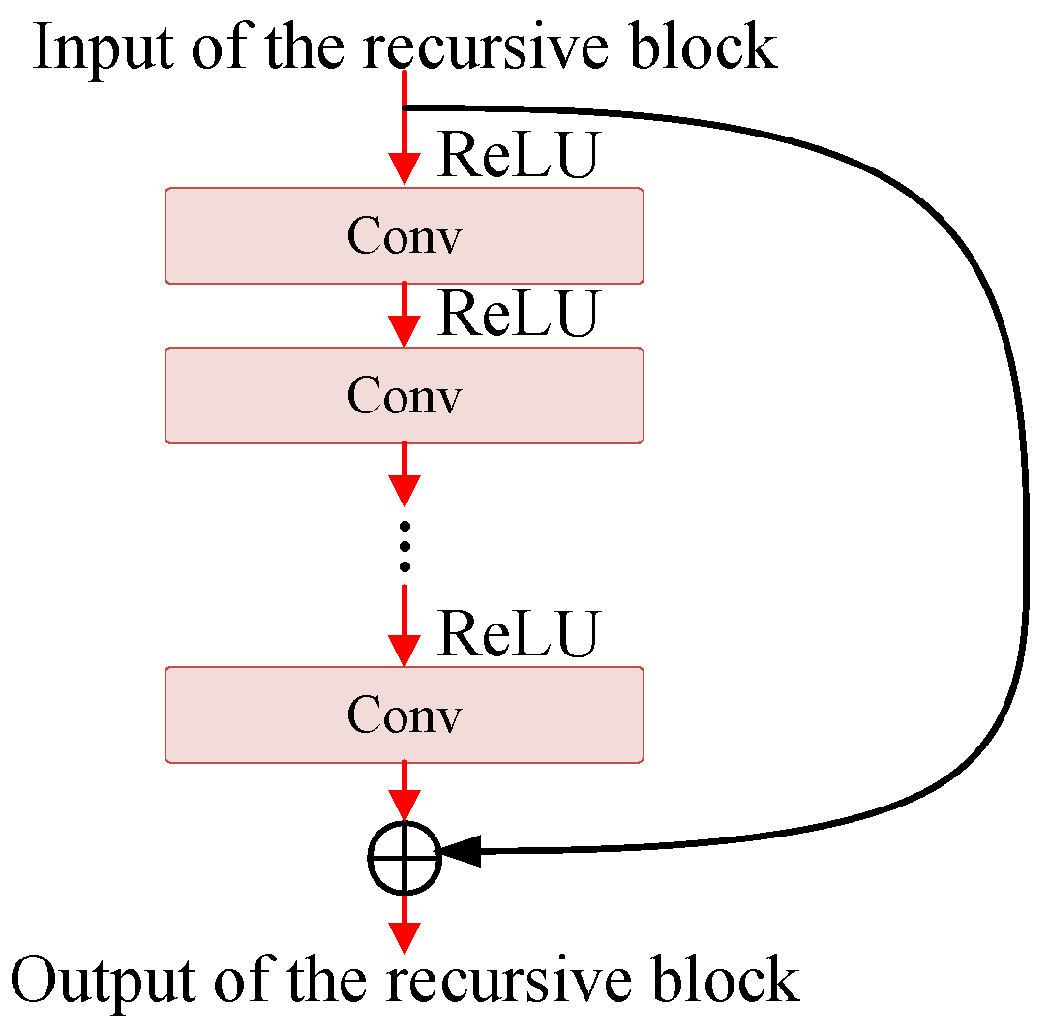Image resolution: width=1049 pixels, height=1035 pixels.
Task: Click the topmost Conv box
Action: pos(405,235)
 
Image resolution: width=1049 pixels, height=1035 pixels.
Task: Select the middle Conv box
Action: pos(405,395)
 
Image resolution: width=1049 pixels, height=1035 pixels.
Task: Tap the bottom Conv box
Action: pos(405,715)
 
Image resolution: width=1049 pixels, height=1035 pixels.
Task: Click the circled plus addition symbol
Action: pos(405,857)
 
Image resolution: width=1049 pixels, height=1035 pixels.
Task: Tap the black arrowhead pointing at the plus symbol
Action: pos(460,852)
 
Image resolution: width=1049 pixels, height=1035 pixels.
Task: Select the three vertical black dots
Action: pos(405,545)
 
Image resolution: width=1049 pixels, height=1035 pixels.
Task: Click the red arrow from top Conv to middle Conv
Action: pos(405,315)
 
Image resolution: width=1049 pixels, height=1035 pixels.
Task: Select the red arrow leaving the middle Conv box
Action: pos(405,474)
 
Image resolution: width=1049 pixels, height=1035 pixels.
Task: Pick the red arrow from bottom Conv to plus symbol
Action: pos(405,789)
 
